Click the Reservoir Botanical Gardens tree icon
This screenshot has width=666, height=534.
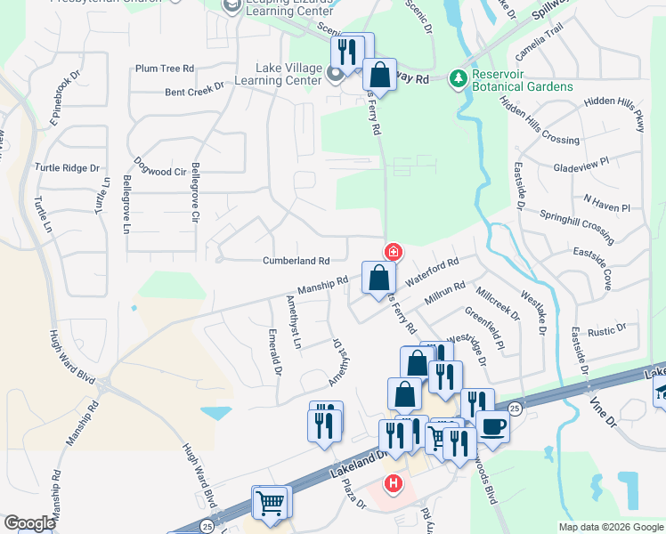point(459,79)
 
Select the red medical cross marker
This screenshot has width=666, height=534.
point(392,253)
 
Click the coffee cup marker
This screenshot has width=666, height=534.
point(492,427)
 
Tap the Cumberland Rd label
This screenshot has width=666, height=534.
point(296,261)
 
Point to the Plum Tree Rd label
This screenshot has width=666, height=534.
point(165,69)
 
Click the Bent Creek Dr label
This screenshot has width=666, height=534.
point(193,91)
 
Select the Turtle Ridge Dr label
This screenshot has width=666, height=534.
point(68,167)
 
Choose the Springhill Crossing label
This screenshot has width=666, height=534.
point(577,227)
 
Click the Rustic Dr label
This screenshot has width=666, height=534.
point(607,331)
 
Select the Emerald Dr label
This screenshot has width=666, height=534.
point(274,351)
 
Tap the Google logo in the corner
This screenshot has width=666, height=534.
point(28,523)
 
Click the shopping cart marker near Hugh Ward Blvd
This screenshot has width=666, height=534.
point(270,502)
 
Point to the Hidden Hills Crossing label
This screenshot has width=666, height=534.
point(540,123)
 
